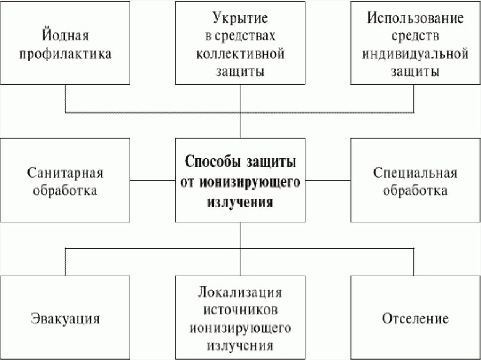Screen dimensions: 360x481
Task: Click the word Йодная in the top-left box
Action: [x=65, y=36]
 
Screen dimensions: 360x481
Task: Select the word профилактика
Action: [x=65, y=53]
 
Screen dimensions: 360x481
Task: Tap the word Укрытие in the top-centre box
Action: [x=240, y=19]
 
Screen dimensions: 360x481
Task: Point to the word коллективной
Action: [x=240, y=53]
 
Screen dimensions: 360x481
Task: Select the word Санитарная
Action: [x=65, y=172]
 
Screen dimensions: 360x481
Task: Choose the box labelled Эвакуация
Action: [x=65, y=318]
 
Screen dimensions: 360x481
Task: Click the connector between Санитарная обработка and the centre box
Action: [x=153, y=180]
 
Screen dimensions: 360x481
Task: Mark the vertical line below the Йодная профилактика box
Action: [x=65, y=99]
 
